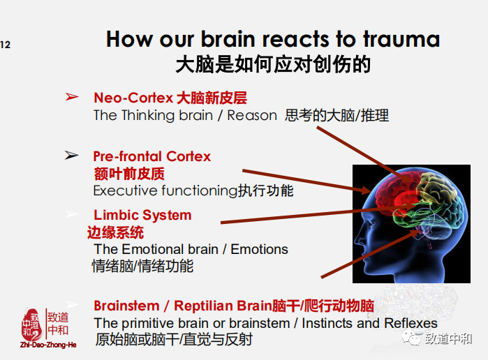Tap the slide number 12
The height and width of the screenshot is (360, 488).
pos(6,45)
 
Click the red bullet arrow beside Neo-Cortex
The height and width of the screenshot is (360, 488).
pos(72,97)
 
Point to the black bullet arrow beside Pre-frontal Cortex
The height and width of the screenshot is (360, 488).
pos(72,156)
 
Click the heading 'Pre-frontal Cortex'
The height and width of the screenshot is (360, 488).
pos(151,156)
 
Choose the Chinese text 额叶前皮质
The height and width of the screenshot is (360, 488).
pos(129,174)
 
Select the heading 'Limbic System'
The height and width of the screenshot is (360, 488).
pos(142,215)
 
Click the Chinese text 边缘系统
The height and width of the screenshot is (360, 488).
pos(116,232)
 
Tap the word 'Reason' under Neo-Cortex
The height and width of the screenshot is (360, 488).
pos(252,116)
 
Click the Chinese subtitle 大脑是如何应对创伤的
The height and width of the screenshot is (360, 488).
pos(272,65)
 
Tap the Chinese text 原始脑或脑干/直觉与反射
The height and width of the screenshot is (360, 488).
pos(173,340)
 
